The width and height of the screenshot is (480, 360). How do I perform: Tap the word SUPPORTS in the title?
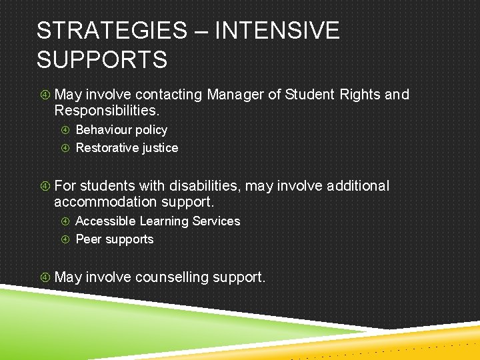102,60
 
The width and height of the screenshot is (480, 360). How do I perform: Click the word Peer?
88,239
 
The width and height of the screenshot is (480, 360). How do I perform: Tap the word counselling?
172,277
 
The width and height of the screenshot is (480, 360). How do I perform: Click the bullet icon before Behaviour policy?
66,130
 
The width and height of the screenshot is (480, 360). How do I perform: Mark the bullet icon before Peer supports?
66,239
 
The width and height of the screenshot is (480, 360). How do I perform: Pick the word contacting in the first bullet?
168,95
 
